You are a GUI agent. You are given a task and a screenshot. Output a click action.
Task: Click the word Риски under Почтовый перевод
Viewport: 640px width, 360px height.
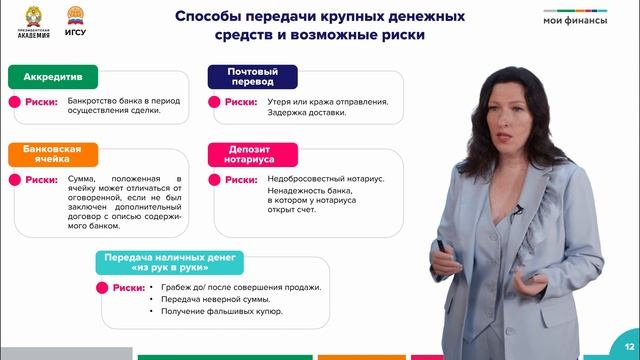point(241,101)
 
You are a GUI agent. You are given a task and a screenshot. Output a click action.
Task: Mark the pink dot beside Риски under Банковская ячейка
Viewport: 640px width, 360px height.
point(15,180)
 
